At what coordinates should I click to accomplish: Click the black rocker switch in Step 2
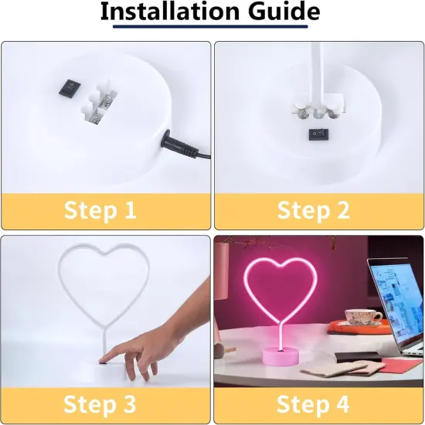pos(315,134)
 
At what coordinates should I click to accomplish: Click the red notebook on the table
pos(395,363)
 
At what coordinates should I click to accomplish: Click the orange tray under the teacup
pos(355,327)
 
